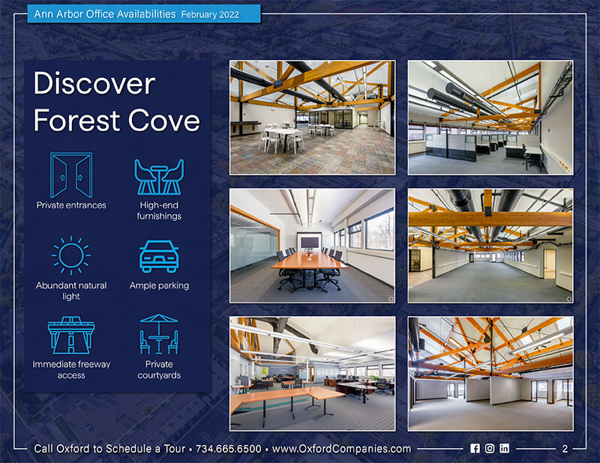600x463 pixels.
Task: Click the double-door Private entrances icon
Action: click(x=71, y=175)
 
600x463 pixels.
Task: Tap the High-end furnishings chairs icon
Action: click(x=159, y=177)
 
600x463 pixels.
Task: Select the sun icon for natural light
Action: click(x=71, y=255)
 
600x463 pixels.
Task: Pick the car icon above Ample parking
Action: click(x=159, y=256)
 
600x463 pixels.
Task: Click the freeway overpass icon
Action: click(x=71, y=336)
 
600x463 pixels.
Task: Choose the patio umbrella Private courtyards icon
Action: click(x=159, y=334)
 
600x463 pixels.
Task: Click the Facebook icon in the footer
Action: click(x=475, y=449)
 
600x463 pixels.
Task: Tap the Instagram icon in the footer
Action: click(x=490, y=449)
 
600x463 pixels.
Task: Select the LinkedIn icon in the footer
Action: click(x=504, y=449)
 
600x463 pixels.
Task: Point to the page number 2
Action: click(x=565, y=449)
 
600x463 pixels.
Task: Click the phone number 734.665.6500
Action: click(x=229, y=449)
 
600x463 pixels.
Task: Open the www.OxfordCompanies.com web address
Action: click(x=341, y=449)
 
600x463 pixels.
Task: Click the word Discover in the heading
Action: click(x=94, y=83)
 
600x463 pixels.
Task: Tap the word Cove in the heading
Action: click(x=163, y=121)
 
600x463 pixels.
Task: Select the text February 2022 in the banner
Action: click(x=210, y=14)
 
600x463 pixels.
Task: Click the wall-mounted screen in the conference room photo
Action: click(x=310, y=243)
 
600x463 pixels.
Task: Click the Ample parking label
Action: click(x=159, y=285)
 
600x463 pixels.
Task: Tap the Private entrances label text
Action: click(x=71, y=205)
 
